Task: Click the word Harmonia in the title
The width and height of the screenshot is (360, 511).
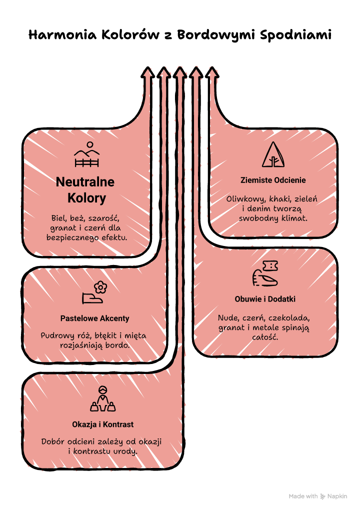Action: [62, 34]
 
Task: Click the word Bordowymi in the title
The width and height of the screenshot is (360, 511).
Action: [215, 35]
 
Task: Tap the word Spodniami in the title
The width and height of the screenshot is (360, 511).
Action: [295, 35]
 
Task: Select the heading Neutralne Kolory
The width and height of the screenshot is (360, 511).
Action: [85, 189]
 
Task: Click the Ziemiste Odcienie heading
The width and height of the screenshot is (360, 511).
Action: [273, 180]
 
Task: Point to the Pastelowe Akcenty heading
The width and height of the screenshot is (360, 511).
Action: [95, 318]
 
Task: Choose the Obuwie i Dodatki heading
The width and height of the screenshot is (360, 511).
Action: [265, 299]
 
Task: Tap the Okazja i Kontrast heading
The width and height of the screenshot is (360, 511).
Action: [102, 424]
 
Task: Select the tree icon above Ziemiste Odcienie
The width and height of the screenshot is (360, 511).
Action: [273, 154]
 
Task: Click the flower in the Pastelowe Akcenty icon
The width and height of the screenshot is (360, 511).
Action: [100, 287]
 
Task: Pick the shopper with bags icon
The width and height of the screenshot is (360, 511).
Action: [103, 398]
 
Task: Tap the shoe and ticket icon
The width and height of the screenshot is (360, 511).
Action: [265, 273]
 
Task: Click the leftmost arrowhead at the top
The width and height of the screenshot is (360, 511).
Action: [147, 72]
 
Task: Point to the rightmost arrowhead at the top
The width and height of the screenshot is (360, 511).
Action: [212, 72]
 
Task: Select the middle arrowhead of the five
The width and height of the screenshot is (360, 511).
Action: [180, 72]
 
